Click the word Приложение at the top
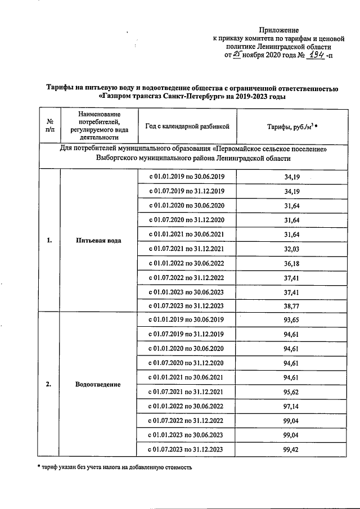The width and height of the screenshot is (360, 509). [279, 29]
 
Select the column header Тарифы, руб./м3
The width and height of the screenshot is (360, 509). [292, 127]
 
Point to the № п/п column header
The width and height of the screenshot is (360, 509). [49, 127]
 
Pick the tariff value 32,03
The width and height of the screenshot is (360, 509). [292, 247]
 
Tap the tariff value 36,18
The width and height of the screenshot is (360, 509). [292, 262]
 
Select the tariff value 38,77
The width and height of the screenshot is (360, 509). [292, 305]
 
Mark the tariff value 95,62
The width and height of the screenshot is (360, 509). [292, 391]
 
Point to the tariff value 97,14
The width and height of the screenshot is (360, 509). [292, 406]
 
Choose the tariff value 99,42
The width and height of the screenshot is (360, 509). [292, 449]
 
